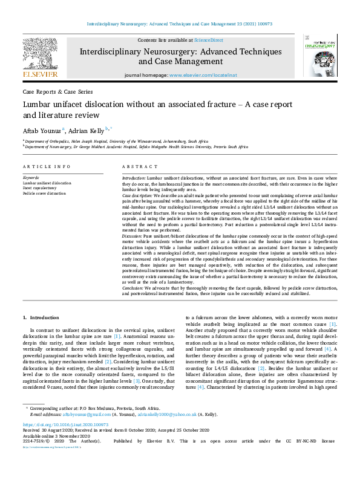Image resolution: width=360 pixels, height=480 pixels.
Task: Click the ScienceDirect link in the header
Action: click(208, 40)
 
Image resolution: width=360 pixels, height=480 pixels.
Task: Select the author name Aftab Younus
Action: click(42, 130)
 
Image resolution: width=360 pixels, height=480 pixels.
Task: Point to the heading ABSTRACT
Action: click(136, 166)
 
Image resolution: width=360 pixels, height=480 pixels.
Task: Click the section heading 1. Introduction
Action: click(41, 317)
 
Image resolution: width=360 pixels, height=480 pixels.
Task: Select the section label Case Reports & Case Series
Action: click(57, 92)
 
